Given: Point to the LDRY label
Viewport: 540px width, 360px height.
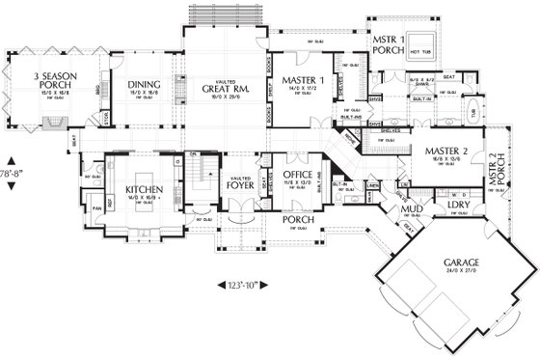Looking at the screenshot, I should (456, 205).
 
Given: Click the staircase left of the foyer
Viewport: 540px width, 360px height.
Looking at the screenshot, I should (198, 177).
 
